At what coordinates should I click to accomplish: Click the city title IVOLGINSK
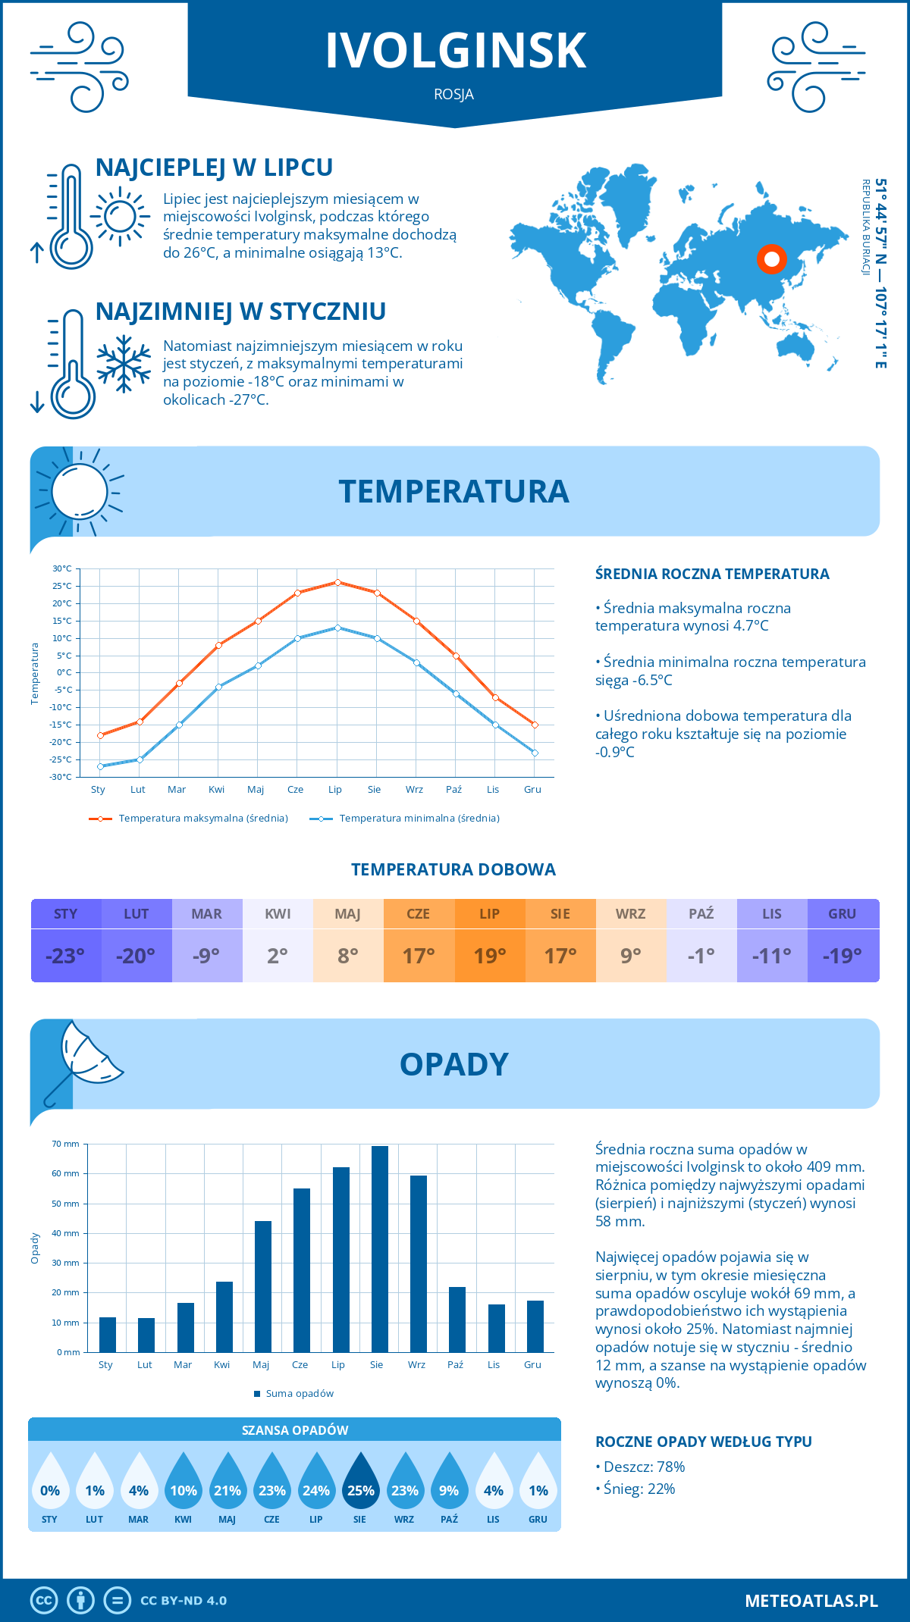click(x=456, y=51)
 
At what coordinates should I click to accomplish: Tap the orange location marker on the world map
click(x=772, y=259)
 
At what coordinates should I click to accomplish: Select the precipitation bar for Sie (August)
click(x=379, y=1248)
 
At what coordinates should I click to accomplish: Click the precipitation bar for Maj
click(x=263, y=1286)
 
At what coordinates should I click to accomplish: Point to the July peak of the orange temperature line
click(x=337, y=582)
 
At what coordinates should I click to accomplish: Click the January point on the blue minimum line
click(x=100, y=766)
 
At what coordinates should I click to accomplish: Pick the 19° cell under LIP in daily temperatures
click(x=490, y=956)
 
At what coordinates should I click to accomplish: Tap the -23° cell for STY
click(x=65, y=956)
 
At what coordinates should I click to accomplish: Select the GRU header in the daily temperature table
click(x=843, y=913)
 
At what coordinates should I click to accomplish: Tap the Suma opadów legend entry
click(x=299, y=1393)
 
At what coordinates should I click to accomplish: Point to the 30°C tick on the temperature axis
click(x=62, y=568)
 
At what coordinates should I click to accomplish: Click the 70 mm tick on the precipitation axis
click(x=66, y=1144)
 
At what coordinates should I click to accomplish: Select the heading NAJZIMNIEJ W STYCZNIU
click(x=240, y=312)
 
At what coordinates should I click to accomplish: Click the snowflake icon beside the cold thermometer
click(x=124, y=364)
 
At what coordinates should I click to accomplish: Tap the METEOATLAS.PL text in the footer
click(x=811, y=1600)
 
